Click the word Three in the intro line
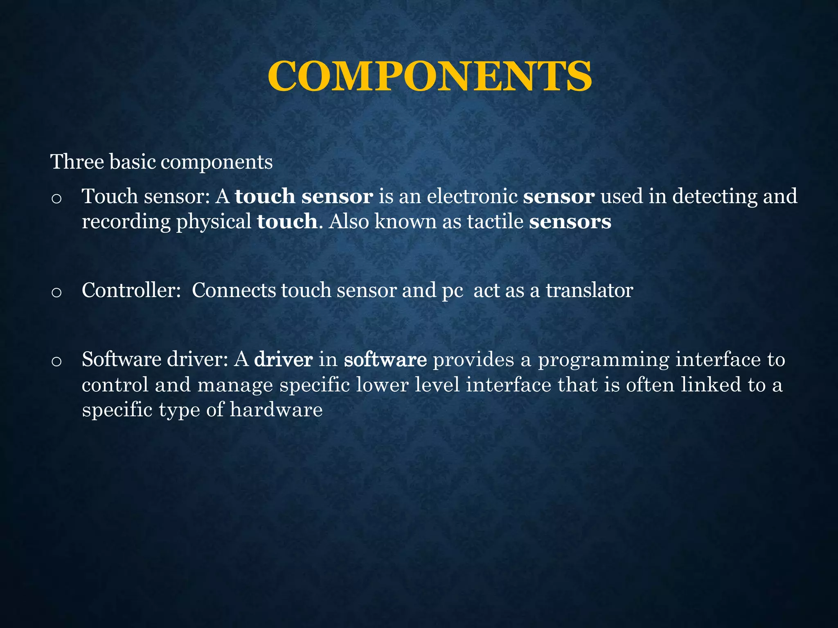[x=77, y=162]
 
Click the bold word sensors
[x=570, y=222]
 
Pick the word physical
[x=214, y=222]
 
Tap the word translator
[x=589, y=291]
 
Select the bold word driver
[x=283, y=360]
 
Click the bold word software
[x=385, y=360]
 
